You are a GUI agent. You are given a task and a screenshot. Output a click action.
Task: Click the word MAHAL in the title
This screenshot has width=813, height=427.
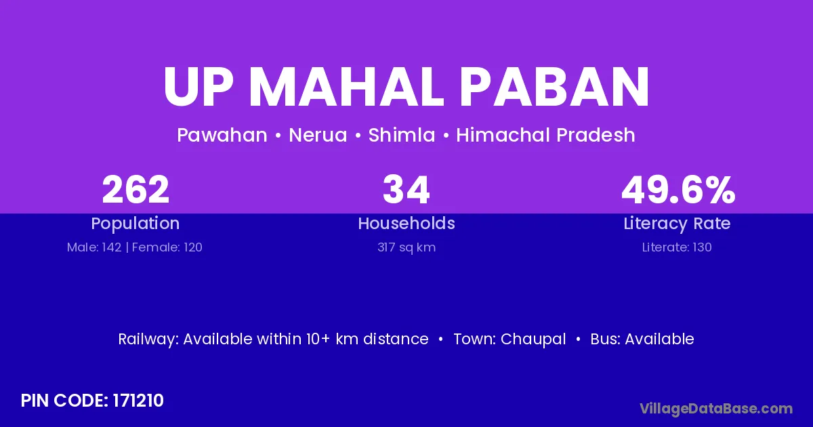346,87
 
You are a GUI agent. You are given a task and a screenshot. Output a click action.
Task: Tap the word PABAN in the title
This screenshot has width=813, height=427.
556,87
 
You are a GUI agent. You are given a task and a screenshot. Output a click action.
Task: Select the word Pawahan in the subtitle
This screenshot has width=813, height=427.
222,135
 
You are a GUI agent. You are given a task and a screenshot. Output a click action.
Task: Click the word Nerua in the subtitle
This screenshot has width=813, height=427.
318,135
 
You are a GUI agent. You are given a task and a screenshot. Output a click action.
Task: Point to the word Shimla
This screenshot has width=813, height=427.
402,135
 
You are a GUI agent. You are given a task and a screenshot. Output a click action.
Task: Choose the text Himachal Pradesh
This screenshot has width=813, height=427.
545,135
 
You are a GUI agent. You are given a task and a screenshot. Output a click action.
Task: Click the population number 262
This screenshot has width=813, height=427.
135,190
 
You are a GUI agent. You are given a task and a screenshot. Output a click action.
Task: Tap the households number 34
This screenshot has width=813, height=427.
406,190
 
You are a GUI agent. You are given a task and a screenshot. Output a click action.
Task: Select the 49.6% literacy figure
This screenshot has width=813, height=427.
678,190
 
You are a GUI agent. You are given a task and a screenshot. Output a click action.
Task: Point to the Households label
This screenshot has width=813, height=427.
406,223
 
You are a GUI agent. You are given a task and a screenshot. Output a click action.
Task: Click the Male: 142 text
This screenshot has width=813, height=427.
94,247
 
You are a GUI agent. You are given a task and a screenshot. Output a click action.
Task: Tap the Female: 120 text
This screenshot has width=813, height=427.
167,247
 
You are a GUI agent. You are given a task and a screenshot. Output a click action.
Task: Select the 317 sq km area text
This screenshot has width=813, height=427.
406,247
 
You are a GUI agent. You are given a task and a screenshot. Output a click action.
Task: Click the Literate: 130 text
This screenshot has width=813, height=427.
677,247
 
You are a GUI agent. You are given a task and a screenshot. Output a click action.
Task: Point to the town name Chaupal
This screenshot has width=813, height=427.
533,340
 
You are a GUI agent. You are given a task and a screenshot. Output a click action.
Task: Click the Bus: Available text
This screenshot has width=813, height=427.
642,339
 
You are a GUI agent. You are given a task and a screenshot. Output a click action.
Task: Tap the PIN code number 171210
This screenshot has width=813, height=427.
138,401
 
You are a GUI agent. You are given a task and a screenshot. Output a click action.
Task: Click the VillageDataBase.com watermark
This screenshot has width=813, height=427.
716,409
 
